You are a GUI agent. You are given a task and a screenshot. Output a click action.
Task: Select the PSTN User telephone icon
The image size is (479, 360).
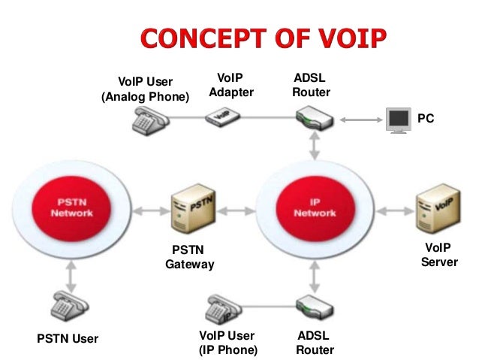click(70, 307)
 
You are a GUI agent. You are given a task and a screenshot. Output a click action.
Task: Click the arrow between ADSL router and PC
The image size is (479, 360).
click(360, 119)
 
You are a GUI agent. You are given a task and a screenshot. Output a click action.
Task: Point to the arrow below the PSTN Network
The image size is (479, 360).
click(70, 273)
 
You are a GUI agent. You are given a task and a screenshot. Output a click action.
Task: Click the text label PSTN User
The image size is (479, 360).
click(68, 339)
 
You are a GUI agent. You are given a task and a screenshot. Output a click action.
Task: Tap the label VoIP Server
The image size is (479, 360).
click(438, 255)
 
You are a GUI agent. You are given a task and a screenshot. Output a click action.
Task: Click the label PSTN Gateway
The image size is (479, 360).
click(189, 257)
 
